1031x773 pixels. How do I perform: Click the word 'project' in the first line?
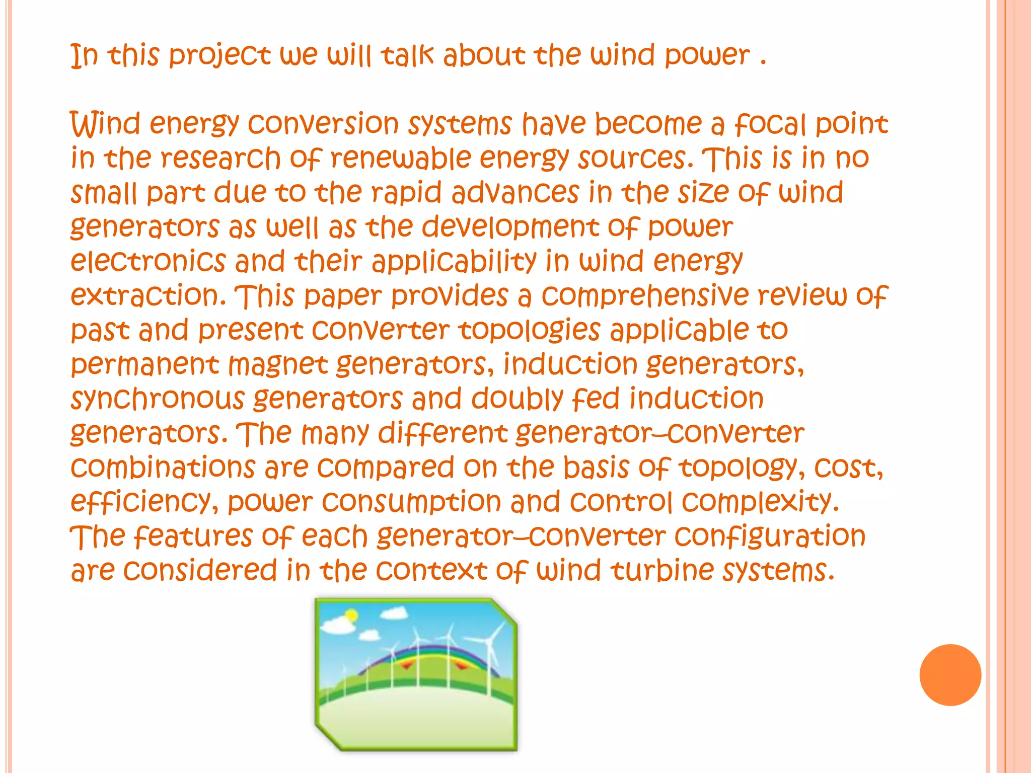(219, 55)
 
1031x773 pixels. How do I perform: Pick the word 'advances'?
(515, 193)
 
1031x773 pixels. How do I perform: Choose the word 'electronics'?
(148, 261)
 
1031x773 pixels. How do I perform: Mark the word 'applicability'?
(455, 262)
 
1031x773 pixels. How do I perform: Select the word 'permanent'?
(145, 365)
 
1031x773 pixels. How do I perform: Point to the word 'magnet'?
(278, 365)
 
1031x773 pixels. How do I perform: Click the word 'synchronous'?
(157, 399)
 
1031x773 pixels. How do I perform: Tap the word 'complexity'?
(760, 502)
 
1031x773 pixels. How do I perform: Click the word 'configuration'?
(770, 536)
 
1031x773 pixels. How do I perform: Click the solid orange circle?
(950, 675)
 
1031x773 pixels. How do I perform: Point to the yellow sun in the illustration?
(351, 615)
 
